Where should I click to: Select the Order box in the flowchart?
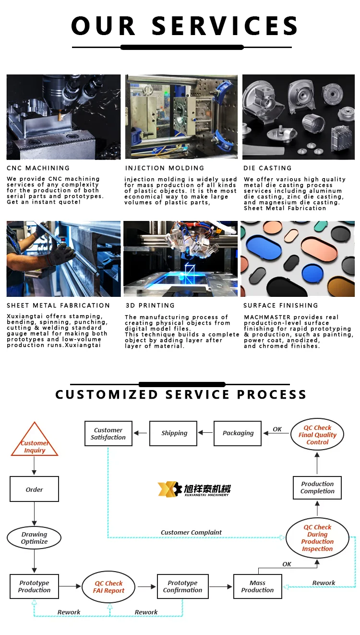click(x=34, y=489)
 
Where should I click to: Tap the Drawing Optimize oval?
click(x=34, y=538)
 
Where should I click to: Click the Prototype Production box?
click(x=34, y=586)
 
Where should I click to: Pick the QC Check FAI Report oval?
click(x=109, y=587)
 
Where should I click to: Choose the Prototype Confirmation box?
click(x=182, y=586)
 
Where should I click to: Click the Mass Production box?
click(x=257, y=586)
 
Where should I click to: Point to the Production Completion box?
click(x=317, y=488)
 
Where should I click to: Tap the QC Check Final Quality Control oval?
click(x=317, y=435)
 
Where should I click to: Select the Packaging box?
click(x=238, y=433)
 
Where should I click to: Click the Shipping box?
click(x=174, y=433)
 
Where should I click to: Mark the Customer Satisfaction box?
click(x=108, y=434)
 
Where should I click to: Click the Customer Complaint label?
click(x=191, y=532)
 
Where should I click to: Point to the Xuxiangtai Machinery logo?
click(x=194, y=489)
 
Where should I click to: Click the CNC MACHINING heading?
click(x=38, y=168)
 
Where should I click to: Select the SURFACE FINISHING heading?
click(x=281, y=305)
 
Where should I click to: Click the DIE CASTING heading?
click(x=268, y=168)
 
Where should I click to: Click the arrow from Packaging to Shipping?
click(x=206, y=433)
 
